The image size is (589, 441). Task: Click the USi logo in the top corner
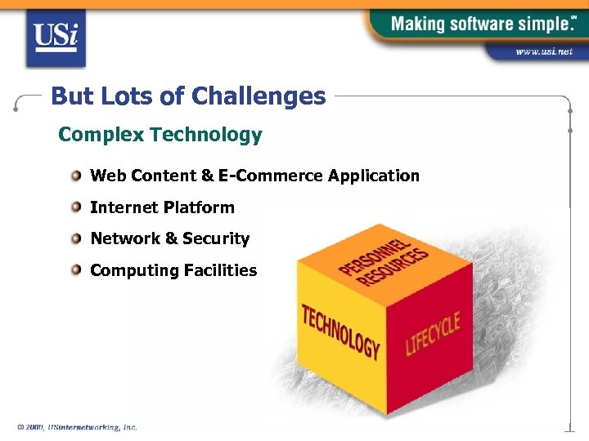pos(56,38)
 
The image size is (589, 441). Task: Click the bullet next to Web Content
pos(76,176)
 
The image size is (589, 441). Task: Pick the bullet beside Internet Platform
pos(76,207)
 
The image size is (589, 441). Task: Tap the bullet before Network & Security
pos(76,238)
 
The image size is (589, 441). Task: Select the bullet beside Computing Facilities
pos(76,269)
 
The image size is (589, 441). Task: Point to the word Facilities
pos(219,270)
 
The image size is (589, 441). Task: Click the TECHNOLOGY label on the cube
pos(340,332)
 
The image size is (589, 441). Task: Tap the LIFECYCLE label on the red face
pos(433,332)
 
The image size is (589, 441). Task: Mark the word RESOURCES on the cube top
pos(396,269)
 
